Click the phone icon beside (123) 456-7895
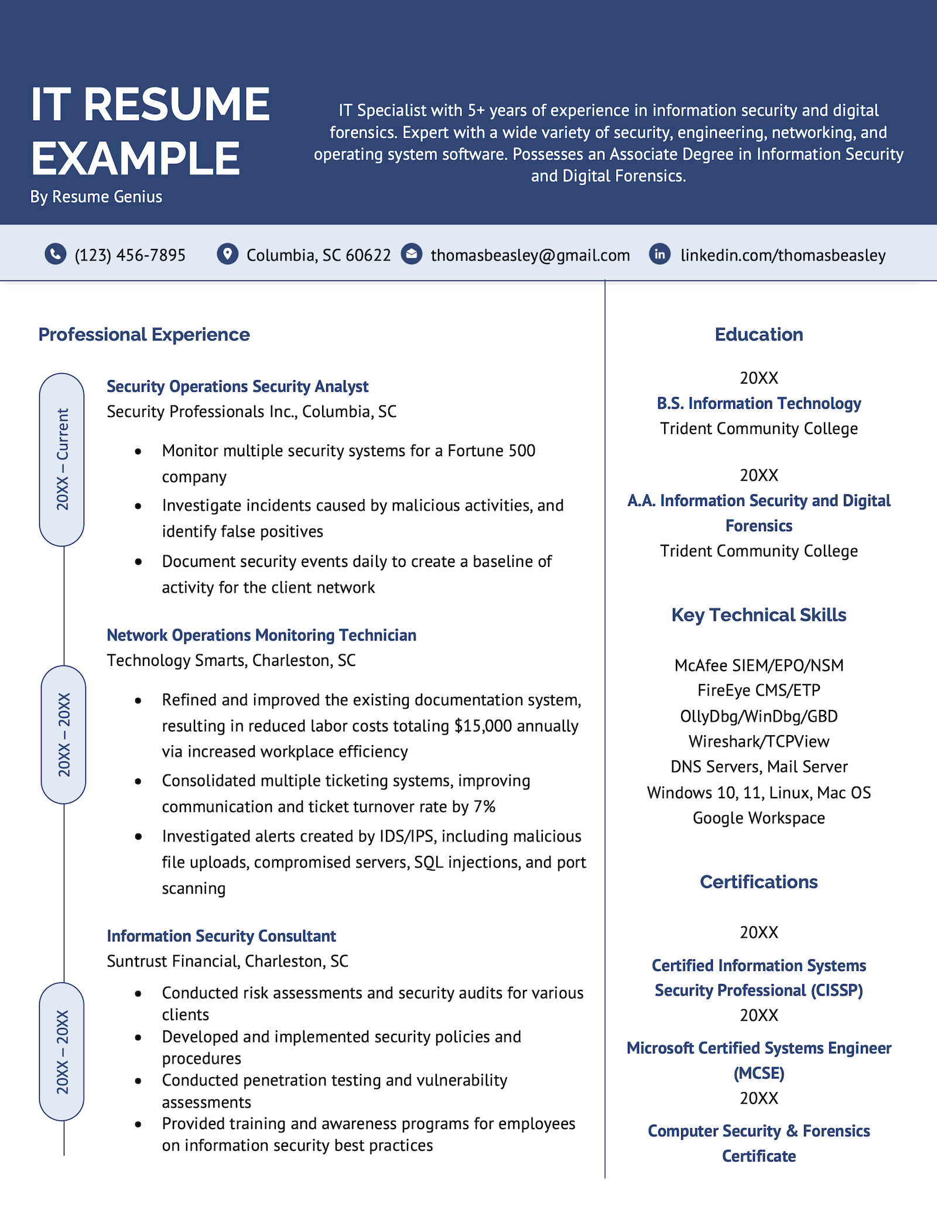[56, 254]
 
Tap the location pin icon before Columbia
[227, 254]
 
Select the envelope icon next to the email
[412, 254]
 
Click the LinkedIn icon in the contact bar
[660, 254]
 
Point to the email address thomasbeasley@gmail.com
[530, 255]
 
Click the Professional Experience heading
[144, 334]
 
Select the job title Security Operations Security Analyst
[237, 387]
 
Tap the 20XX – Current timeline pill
[62, 460]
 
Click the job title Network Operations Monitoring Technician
[261, 635]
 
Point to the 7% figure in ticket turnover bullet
[484, 807]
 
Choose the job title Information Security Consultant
[221, 936]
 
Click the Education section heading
[759, 334]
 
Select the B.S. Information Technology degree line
[759, 404]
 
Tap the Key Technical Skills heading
[759, 615]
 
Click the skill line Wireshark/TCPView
[759, 742]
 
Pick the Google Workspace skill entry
[759, 818]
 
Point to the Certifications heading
[759, 882]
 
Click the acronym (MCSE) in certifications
[759, 1073]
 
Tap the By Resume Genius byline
[96, 197]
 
